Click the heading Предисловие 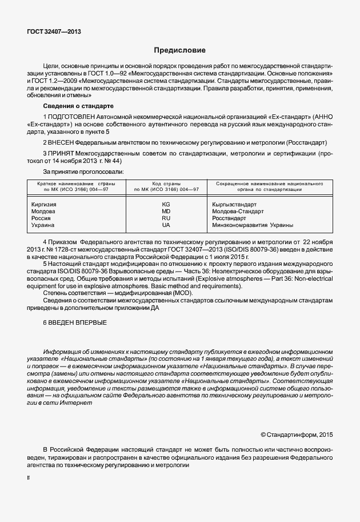(x=179, y=50)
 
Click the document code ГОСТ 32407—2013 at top (x=54, y=32)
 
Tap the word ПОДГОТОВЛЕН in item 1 (x=73, y=117)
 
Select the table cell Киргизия (x=43, y=204)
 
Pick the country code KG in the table (x=166, y=204)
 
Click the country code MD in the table (x=166, y=211)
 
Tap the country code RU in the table (x=166, y=218)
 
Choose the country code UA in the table (x=166, y=225)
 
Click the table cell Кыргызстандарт (x=234, y=204)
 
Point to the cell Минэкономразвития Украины (x=252, y=225)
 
